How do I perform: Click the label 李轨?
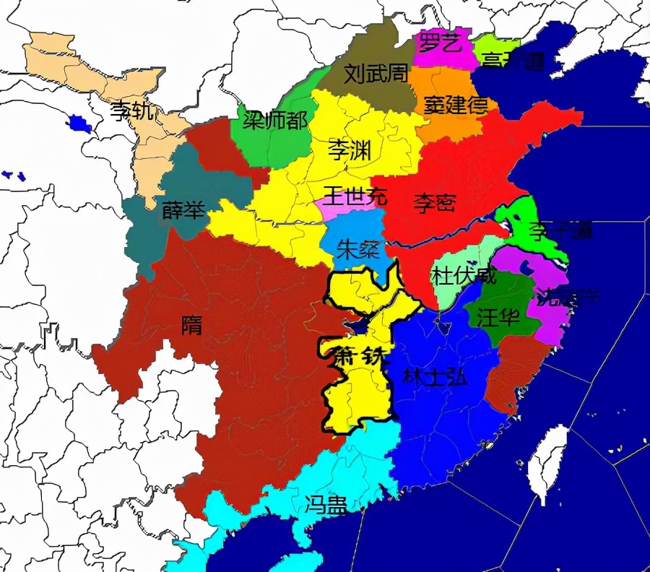pyautogui.click(x=131, y=111)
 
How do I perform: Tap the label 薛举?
pyautogui.click(x=183, y=209)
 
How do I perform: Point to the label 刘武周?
pyautogui.click(x=376, y=73)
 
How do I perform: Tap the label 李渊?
pyautogui.click(x=350, y=150)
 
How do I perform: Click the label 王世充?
pyautogui.click(x=355, y=195)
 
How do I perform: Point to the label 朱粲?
pyautogui.click(x=358, y=250)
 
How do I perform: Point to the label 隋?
pyautogui.click(x=191, y=325)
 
